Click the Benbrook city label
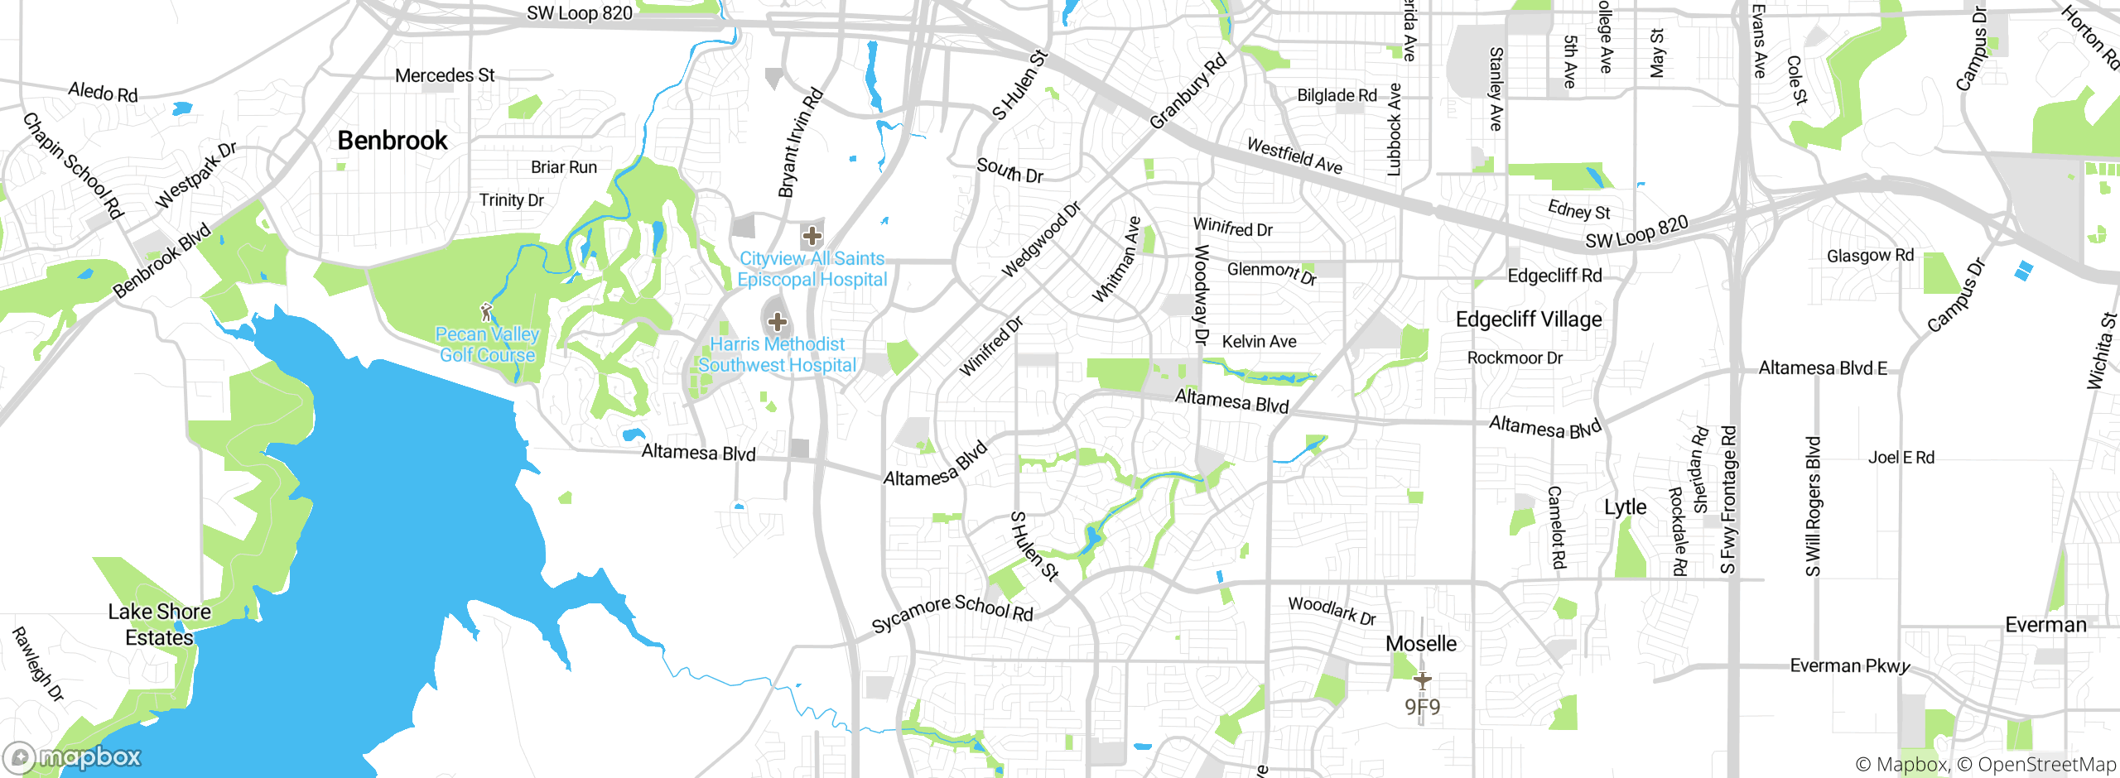[x=393, y=141]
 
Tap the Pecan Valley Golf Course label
[x=487, y=344]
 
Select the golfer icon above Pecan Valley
[x=486, y=312]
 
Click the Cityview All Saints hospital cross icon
[x=812, y=235]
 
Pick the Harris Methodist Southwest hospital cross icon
[x=777, y=321]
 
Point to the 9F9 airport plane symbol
[x=1422, y=680]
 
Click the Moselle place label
[x=1420, y=643]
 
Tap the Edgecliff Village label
[x=1529, y=319]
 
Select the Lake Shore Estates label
[x=159, y=624]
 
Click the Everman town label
[x=2045, y=625]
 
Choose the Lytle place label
[x=1625, y=507]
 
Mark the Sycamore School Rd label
[x=952, y=612]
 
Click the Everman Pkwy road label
[x=1849, y=665]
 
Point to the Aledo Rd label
[x=103, y=92]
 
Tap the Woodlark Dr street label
[x=1332, y=610]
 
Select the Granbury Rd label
[x=1188, y=92]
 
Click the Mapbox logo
[x=73, y=756]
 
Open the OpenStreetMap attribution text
[x=2045, y=764]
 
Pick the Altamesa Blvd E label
[x=1823, y=367]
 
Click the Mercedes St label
[x=445, y=75]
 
